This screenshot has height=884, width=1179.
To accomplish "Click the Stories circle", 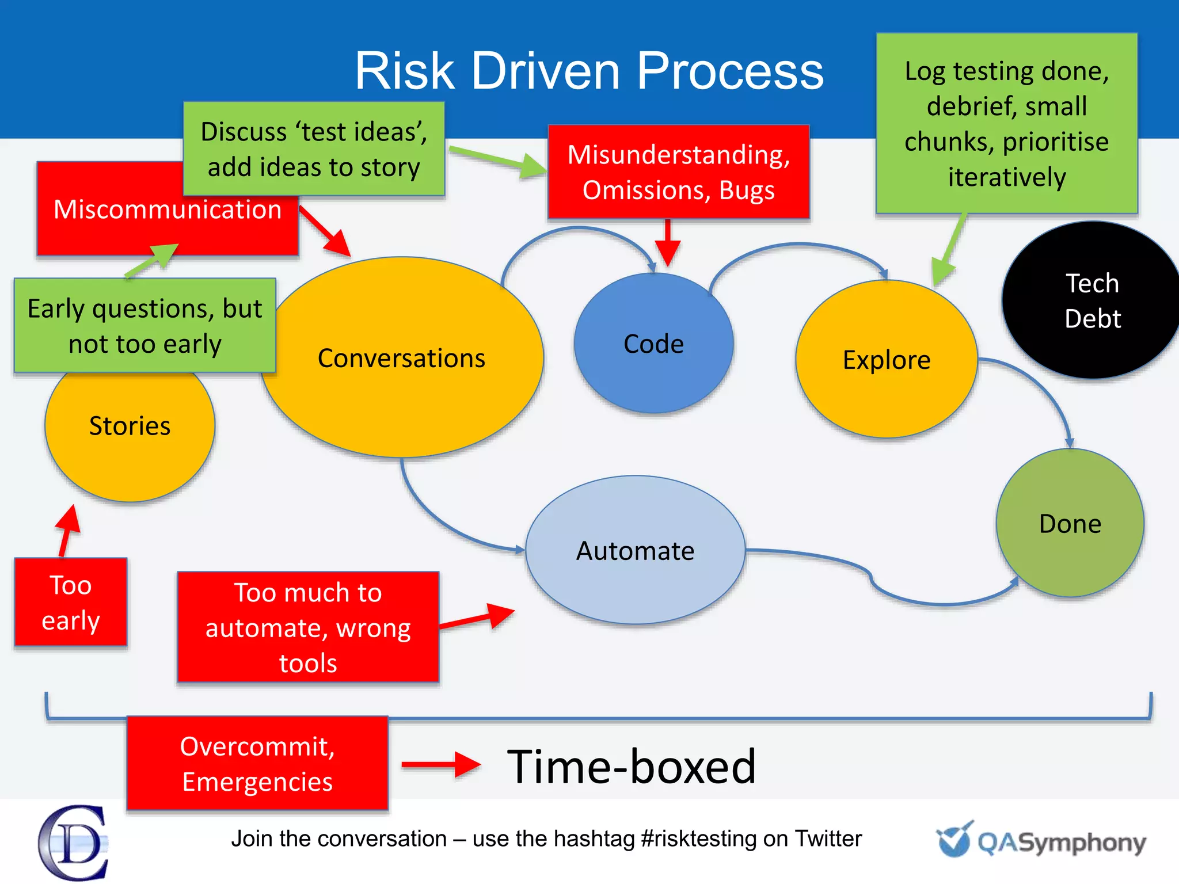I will click(x=130, y=437).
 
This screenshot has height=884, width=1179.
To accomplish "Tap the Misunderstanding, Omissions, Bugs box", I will click(x=679, y=172).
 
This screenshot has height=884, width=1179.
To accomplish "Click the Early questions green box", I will click(x=145, y=326).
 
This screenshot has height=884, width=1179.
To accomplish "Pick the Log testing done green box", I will click(x=1006, y=123).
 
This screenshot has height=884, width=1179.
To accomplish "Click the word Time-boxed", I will click(x=631, y=767).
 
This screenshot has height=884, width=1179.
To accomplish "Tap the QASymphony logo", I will click(x=1042, y=841).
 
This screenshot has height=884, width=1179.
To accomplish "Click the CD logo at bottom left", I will click(x=73, y=843).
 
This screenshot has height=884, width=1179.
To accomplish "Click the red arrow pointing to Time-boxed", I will click(x=440, y=764).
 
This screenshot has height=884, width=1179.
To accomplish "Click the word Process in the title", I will click(x=730, y=71).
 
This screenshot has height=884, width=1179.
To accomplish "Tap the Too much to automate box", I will click(x=308, y=627).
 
